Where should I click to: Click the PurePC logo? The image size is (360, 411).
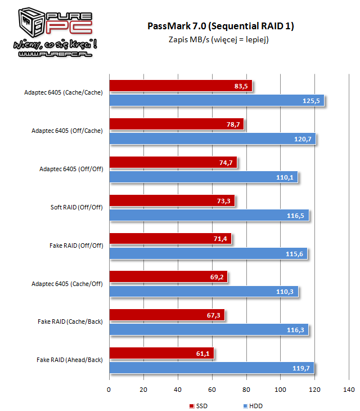tap(49, 32)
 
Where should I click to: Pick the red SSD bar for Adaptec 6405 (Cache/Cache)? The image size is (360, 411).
tap(181, 86)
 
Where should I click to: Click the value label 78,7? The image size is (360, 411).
tap(233, 124)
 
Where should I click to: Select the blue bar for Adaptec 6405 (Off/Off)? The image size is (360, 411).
tap(203, 177)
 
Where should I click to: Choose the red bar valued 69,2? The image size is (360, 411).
tap(168, 277)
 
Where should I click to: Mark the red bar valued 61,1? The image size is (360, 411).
tap(161, 354)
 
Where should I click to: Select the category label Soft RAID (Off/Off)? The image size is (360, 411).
tap(76, 207)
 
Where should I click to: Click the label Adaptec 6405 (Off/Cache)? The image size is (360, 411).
tap(67, 130)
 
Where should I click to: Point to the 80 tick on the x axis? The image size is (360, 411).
tap(246, 390)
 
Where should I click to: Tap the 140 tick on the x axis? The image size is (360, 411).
tap(349, 390)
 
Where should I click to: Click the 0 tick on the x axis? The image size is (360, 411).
tap(110, 390)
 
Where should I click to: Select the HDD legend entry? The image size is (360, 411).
tap(253, 405)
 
